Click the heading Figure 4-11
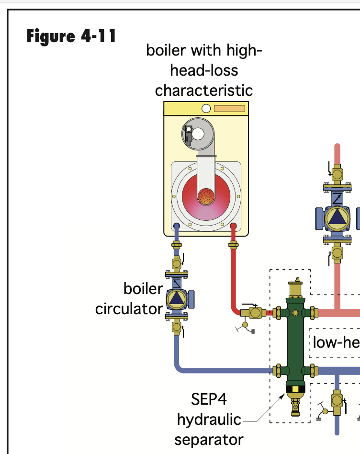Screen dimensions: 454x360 71,36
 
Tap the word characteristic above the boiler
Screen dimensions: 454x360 204,90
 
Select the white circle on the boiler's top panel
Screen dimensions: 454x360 206,109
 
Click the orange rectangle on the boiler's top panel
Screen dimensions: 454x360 229,109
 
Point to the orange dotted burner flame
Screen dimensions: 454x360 206,195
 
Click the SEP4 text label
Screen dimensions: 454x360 209,399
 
